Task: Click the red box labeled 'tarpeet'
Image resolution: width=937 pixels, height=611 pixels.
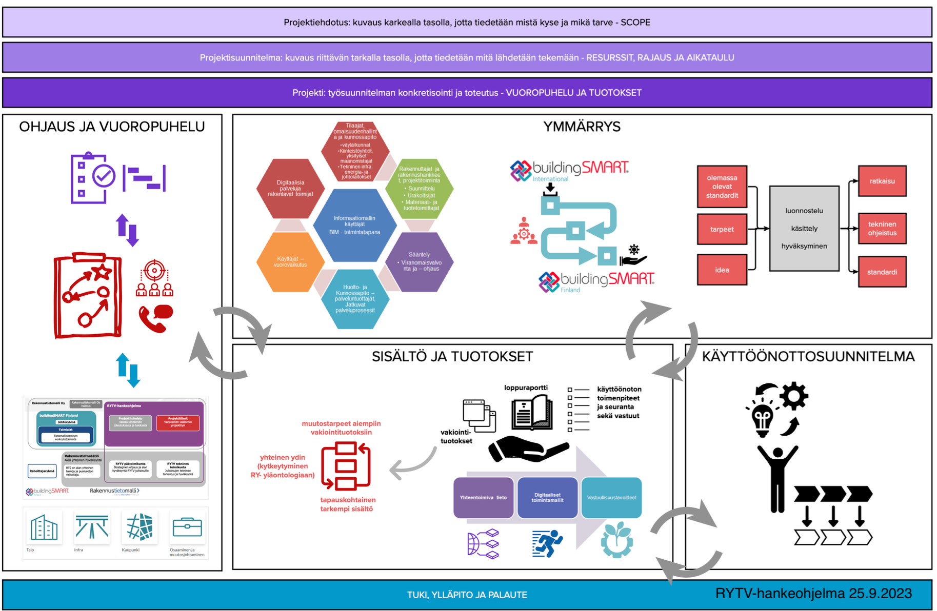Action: coord(722,229)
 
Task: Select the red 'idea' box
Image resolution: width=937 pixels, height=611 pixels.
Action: coord(722,270)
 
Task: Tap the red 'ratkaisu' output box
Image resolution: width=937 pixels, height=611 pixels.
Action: coord(882,181)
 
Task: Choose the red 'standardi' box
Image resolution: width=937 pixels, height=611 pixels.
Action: coord(882,272)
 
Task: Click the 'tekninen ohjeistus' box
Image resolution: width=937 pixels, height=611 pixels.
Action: coord(882,229)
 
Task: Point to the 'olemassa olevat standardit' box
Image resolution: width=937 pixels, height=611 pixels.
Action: coord(722,187)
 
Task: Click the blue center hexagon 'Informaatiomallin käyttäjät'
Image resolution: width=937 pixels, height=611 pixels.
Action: coord(354,225)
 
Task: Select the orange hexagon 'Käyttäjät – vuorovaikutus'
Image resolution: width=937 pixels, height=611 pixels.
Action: coord(290,262)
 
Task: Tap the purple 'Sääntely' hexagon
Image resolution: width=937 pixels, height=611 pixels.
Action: coord(420,261)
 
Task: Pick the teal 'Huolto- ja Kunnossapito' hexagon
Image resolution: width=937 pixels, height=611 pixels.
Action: coord(354,299)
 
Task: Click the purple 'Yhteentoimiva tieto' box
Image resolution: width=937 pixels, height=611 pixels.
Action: coord(483,497)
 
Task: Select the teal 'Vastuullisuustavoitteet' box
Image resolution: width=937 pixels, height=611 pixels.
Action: coord(611,497)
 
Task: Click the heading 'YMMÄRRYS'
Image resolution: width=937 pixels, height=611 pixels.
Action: coord(582,127)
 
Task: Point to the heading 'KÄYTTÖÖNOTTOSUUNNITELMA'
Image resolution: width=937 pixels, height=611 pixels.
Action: coord(808,356)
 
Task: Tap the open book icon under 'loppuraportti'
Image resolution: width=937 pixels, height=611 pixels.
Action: coord(532,413)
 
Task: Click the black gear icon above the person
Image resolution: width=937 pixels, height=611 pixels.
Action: coord(794,395)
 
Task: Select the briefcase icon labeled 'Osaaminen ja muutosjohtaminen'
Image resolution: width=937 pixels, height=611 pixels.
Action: coord(187,527)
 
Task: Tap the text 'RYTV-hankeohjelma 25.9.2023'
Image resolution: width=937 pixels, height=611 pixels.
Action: coord(813,594)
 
